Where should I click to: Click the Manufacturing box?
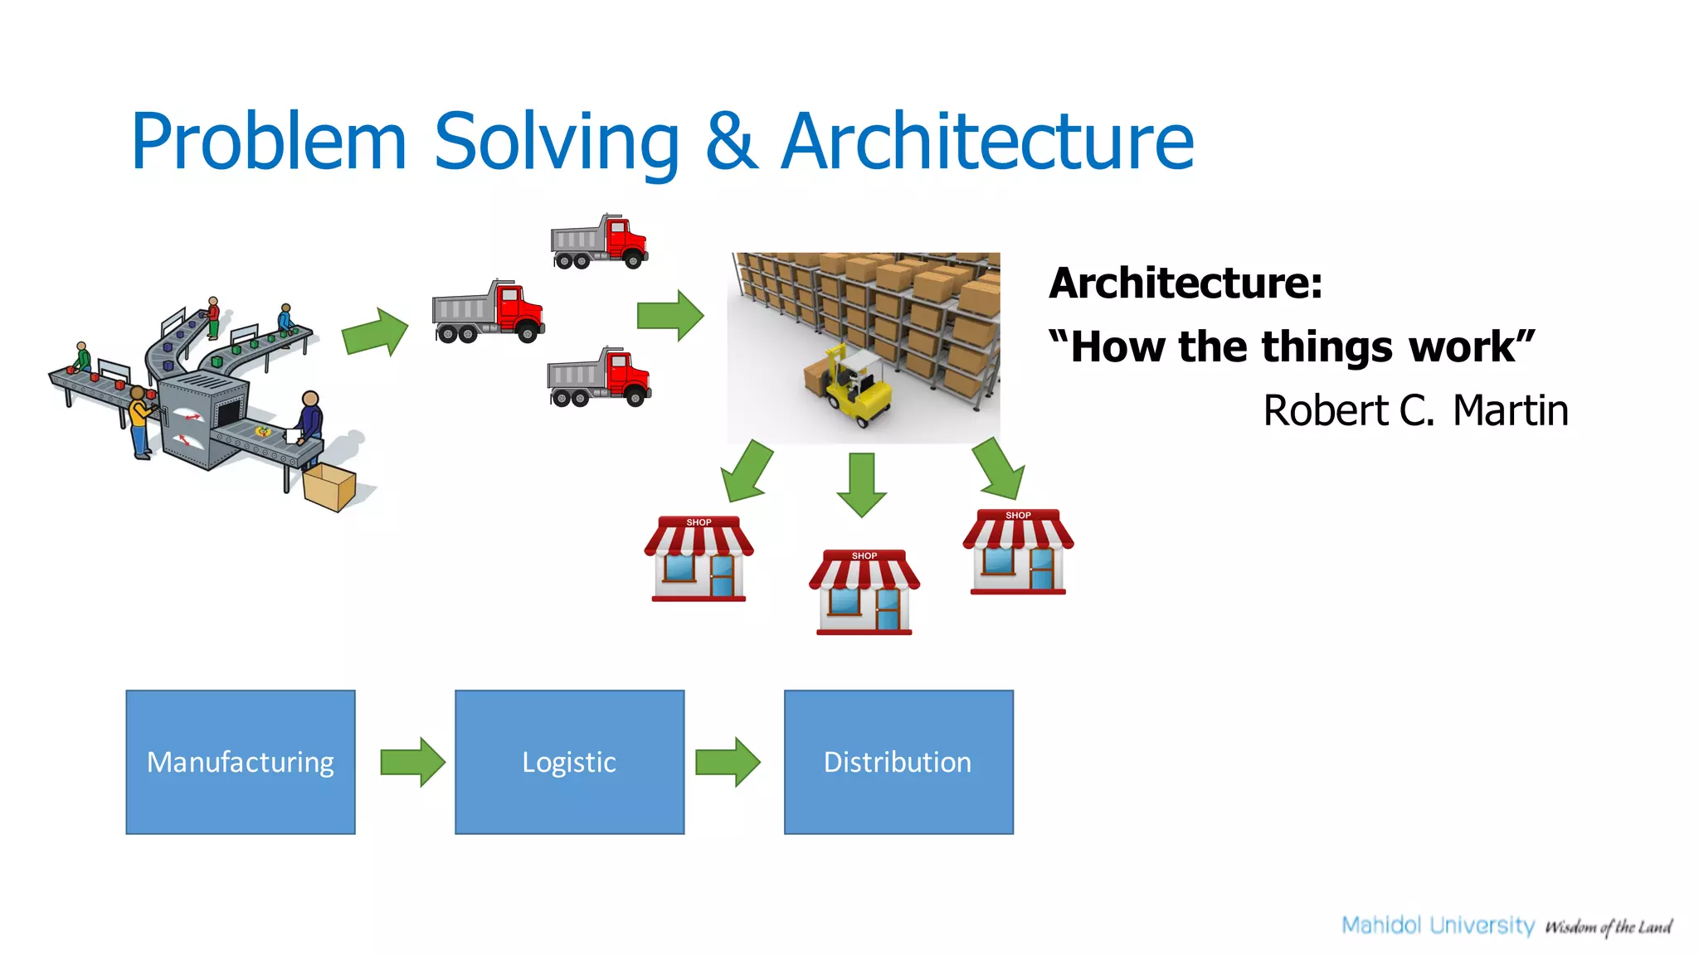(241, 762)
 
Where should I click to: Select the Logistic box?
(569, 762)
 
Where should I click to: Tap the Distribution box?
(898, 762)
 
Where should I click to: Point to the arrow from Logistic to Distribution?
(728, 762)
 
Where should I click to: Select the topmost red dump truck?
(599, 242)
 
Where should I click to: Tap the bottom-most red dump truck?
(599, 378)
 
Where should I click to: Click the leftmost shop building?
(699, 559)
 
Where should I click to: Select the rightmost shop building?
(1018, 552)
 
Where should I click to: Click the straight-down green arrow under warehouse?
(861, 484)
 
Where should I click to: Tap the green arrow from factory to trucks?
(376, 332)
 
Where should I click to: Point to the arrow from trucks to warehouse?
(670, 316)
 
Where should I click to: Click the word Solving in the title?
(557, 143)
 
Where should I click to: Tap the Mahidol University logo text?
(1438, 925)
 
